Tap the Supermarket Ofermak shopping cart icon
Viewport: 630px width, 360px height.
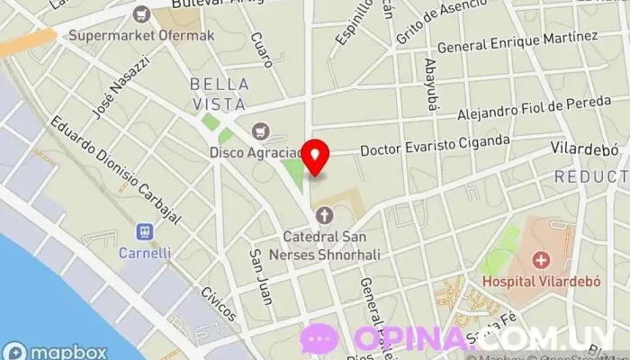click(140, 13)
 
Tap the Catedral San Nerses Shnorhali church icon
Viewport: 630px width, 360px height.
click(323, 215)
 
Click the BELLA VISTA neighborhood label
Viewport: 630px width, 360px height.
click(216, 94)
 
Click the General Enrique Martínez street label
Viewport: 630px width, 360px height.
click(517, 41)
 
